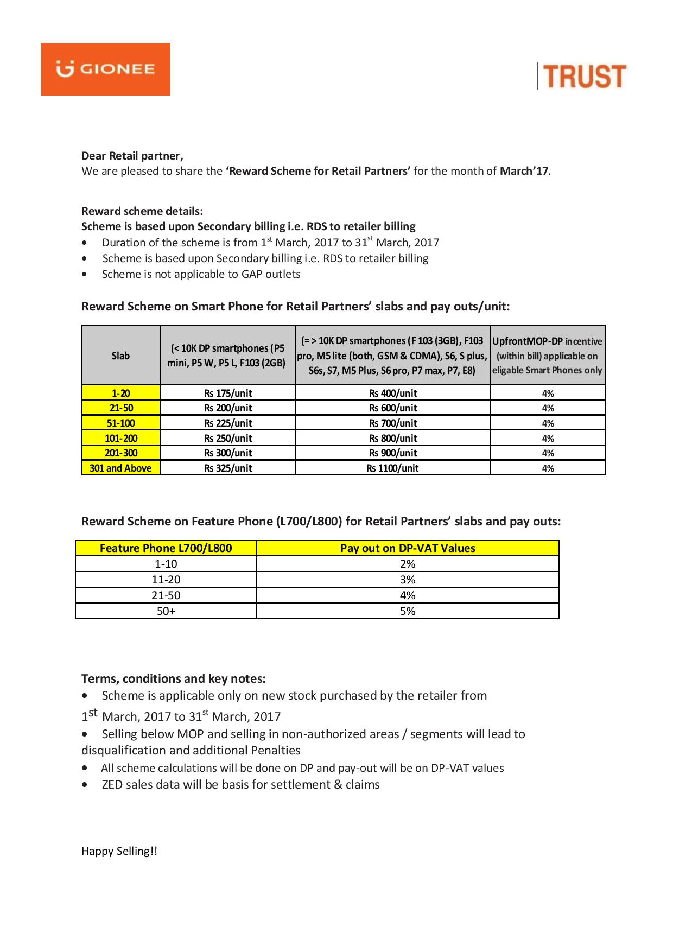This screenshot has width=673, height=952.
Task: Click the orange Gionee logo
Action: coord(106,69)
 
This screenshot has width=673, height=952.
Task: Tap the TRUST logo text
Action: coord(585,77)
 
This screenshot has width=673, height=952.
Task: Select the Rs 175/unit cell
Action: coord(228,393)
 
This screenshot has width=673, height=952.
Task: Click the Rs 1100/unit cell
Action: coord(392,468)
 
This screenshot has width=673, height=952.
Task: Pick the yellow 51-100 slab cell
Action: coord(121,423)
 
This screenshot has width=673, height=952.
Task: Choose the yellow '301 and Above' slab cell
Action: coord(120,468)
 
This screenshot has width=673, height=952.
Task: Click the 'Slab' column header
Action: coord(120,356)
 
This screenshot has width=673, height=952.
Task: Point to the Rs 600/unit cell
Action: coord(392,408)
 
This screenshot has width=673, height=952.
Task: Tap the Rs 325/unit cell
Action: coord(228,468)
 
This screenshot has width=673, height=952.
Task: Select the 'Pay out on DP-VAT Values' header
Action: coord(408,548)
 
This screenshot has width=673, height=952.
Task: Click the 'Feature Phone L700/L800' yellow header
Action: coord(166,548)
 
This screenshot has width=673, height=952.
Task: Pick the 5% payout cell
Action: coord(408,611)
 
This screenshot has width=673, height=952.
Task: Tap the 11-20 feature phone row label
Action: coord(166,580)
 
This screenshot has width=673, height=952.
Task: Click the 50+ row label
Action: coord(166,611)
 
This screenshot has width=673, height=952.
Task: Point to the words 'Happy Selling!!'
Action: coord(119,851)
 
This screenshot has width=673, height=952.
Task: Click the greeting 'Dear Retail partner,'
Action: coord(132,156)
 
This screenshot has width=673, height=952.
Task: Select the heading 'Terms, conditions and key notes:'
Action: coord(174,678)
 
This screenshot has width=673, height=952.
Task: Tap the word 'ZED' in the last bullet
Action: coord(112,784)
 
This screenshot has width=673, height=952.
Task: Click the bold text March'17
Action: coord(524,171)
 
